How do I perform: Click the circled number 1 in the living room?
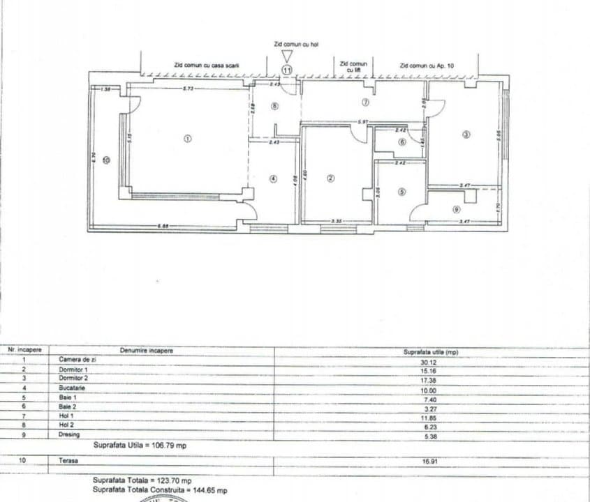point(186,138)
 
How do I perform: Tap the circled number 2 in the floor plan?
point(331,178)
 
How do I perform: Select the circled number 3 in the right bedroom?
point(466,135)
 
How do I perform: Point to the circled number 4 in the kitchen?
point(274,178)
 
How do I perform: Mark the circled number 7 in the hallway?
point(364,102)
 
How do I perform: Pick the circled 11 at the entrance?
point(286,69)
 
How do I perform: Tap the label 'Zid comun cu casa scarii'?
point(207,65)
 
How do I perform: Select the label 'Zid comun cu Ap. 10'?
point(427,65)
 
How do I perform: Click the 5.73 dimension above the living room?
point(189,89)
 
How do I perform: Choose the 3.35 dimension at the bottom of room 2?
point(337,221)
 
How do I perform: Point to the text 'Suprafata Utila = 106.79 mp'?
point(140,444)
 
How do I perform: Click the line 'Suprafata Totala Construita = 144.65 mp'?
point(160,490)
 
